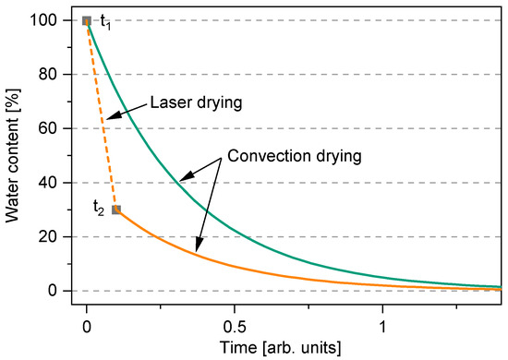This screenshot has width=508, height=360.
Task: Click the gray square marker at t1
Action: point(87,20)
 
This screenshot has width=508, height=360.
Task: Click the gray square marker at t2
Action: point(115,210)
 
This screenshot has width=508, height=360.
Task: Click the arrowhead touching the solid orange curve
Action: point(198,249)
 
